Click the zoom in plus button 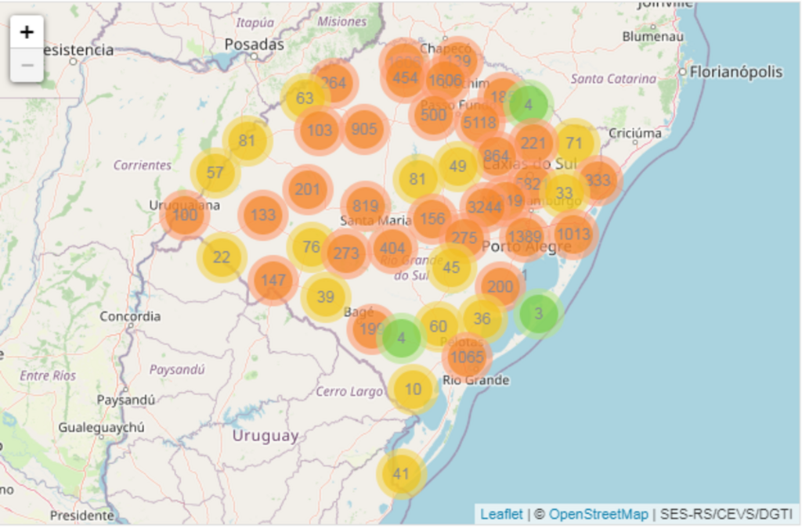point(27,32)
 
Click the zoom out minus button point(27,65)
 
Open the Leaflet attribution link point(501,514)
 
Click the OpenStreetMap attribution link point(598,514)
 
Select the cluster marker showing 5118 point(479,123)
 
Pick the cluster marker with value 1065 point(468,357)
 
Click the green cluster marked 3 point(538,314)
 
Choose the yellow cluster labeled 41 point(401,474)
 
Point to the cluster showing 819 point(365,207)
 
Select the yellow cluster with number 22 point(222,257)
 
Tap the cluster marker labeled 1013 point(574,233)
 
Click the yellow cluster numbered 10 point(413,389)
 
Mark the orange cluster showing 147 point(273,280)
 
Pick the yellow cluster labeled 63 point(305,99)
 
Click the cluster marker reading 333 point(598,180)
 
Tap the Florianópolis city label point(736,72)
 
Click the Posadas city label point(254,45)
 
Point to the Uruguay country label point(265,436)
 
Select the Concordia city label point(130,317)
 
